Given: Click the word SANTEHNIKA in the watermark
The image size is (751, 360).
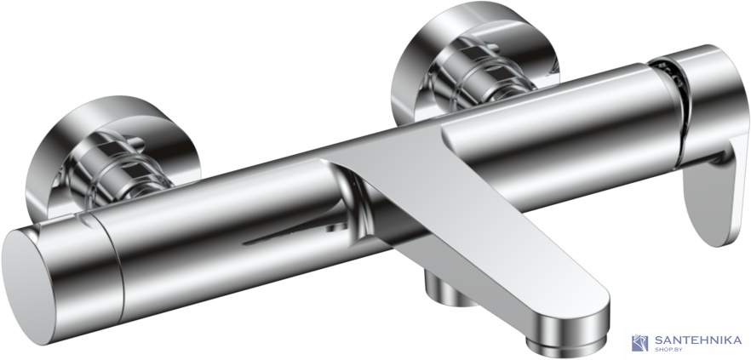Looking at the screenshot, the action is [697, 340].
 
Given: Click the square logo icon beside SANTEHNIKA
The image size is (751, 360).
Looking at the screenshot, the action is [640, 343].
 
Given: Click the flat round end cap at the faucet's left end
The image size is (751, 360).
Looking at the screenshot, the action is [29, 286].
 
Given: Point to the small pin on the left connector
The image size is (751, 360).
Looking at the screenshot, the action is [135, 142].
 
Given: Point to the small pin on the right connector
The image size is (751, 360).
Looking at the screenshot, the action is [492, 48].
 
